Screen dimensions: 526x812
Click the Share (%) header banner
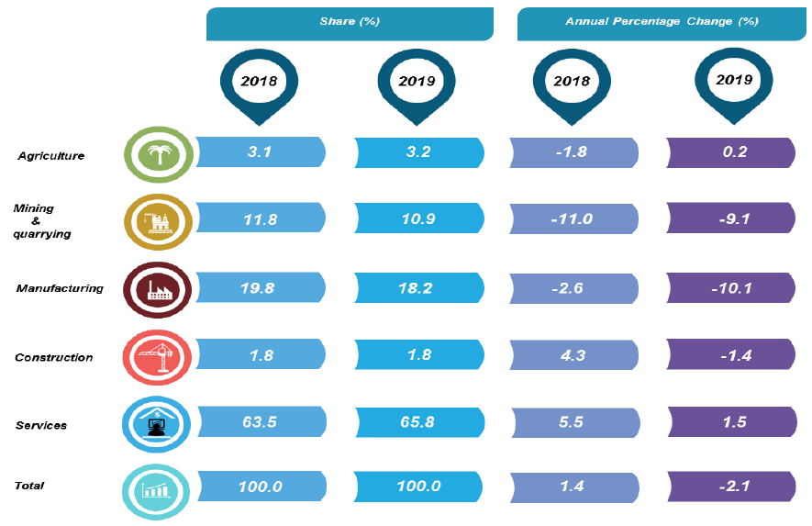coord(350,23)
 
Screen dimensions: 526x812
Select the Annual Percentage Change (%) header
coord(662,23)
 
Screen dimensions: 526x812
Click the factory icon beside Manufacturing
coord(158,289)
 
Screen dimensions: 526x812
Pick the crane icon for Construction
coord(158,356)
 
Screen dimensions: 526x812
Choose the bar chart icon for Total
coord(158,488)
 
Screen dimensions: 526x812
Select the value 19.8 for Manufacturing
coord(260,288)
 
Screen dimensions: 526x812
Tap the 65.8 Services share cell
coord(418,423)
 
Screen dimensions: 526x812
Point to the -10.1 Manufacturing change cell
coord(731,288)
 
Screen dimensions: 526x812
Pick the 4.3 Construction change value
coord(573,355)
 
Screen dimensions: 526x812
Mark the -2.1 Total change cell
coord(731,487)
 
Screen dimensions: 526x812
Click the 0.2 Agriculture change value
coord(731,152)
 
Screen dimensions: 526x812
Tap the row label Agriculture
coord(51,156)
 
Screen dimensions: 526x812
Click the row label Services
coord(41,425)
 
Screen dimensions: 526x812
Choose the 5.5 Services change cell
coord(573,423)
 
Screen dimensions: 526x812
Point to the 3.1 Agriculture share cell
coord(260,152)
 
